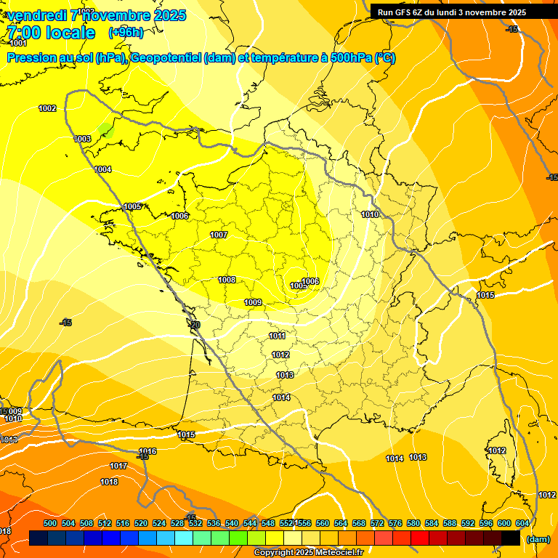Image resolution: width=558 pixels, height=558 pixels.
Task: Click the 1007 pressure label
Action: click(x=219, y=235)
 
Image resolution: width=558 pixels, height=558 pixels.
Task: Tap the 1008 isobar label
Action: click(x=227, y=280)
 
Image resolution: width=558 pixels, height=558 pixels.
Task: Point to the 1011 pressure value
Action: click(x=277, y=336)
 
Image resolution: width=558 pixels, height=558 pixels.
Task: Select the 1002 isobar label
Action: click(x=47, y=108)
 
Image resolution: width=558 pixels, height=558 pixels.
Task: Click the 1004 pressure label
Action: click(x=102, y=169)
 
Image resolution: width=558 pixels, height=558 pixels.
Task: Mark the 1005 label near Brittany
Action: click(x=132, y=206)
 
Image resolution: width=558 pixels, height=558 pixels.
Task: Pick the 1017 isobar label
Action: click(x=118, y=466)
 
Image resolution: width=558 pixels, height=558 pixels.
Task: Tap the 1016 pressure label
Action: click(x=147, y=451)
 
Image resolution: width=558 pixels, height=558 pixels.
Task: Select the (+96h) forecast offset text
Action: click(x=126, y=32)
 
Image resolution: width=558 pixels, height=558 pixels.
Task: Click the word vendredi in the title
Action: click(x=37, y=15)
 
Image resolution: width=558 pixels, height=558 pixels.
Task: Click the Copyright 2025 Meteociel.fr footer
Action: click(x=308, y=553)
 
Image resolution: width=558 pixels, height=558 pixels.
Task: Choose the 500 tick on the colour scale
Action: click(x=50, y=523)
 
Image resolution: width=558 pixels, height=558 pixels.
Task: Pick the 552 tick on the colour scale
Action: click(x=286, y=523)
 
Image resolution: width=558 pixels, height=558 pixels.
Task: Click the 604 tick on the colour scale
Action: click(x=522, y=523)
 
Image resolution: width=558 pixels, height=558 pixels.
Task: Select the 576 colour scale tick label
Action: click(x=395, y=523)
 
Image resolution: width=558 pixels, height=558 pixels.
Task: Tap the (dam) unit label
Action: click(x=538, y=539)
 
